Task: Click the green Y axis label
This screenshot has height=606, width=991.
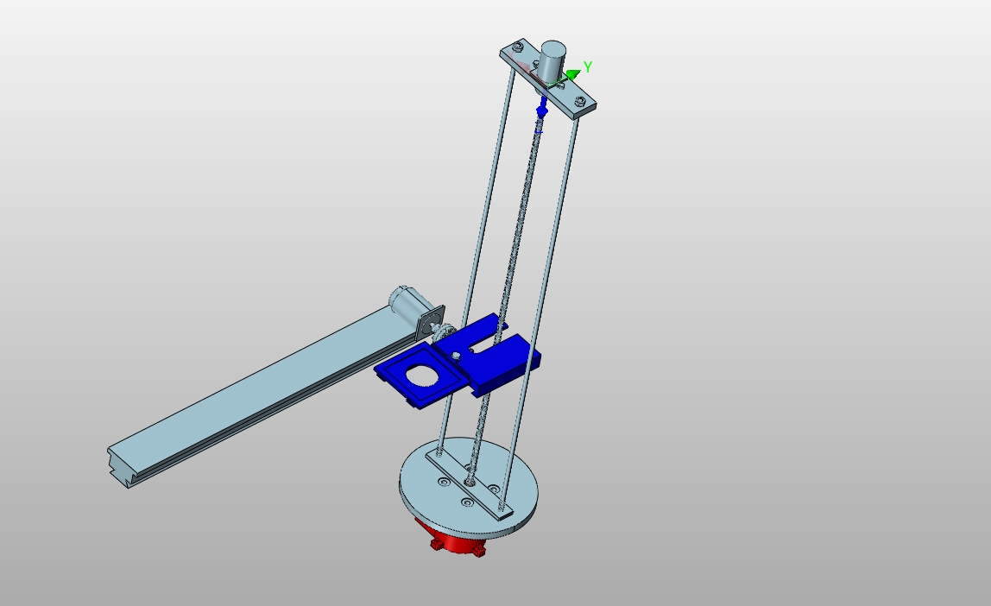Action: pos(588,66)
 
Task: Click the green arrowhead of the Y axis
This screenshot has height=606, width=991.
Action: pos(574,75)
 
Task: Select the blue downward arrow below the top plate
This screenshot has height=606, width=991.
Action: pos(541,110)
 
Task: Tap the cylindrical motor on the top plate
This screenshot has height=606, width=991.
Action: pos(551,61)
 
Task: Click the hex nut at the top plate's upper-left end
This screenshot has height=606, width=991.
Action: pos(518,46)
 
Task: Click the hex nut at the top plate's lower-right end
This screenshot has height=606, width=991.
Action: pos(579,100)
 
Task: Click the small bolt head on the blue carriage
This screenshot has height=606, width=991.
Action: pos(457,357)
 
